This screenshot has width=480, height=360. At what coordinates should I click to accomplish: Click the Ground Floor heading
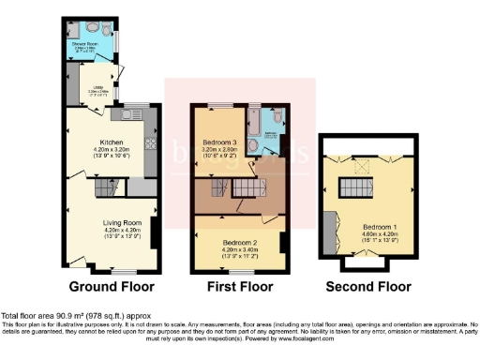(x=111, y=286)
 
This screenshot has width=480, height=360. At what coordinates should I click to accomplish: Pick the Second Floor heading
(x=367, y=286)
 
